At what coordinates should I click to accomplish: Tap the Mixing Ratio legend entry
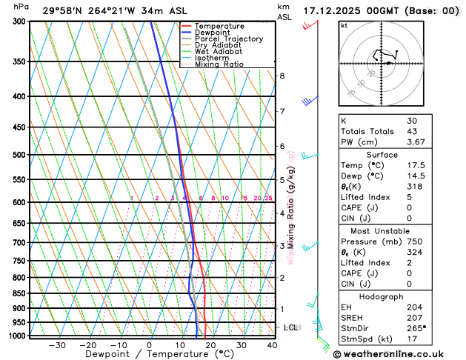[x=219, y=64]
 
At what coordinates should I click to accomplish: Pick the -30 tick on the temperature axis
[x=56, y=345]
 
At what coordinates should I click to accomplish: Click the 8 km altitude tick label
[x=282, y=76]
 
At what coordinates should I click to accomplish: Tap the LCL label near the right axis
[x=291, y=327]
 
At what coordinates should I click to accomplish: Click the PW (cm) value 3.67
[x=416, y=142]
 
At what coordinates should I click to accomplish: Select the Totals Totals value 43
[x=411, y=131]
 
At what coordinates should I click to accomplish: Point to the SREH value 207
[x=413, y=317]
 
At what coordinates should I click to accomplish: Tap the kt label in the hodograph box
[x=344, y=25]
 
